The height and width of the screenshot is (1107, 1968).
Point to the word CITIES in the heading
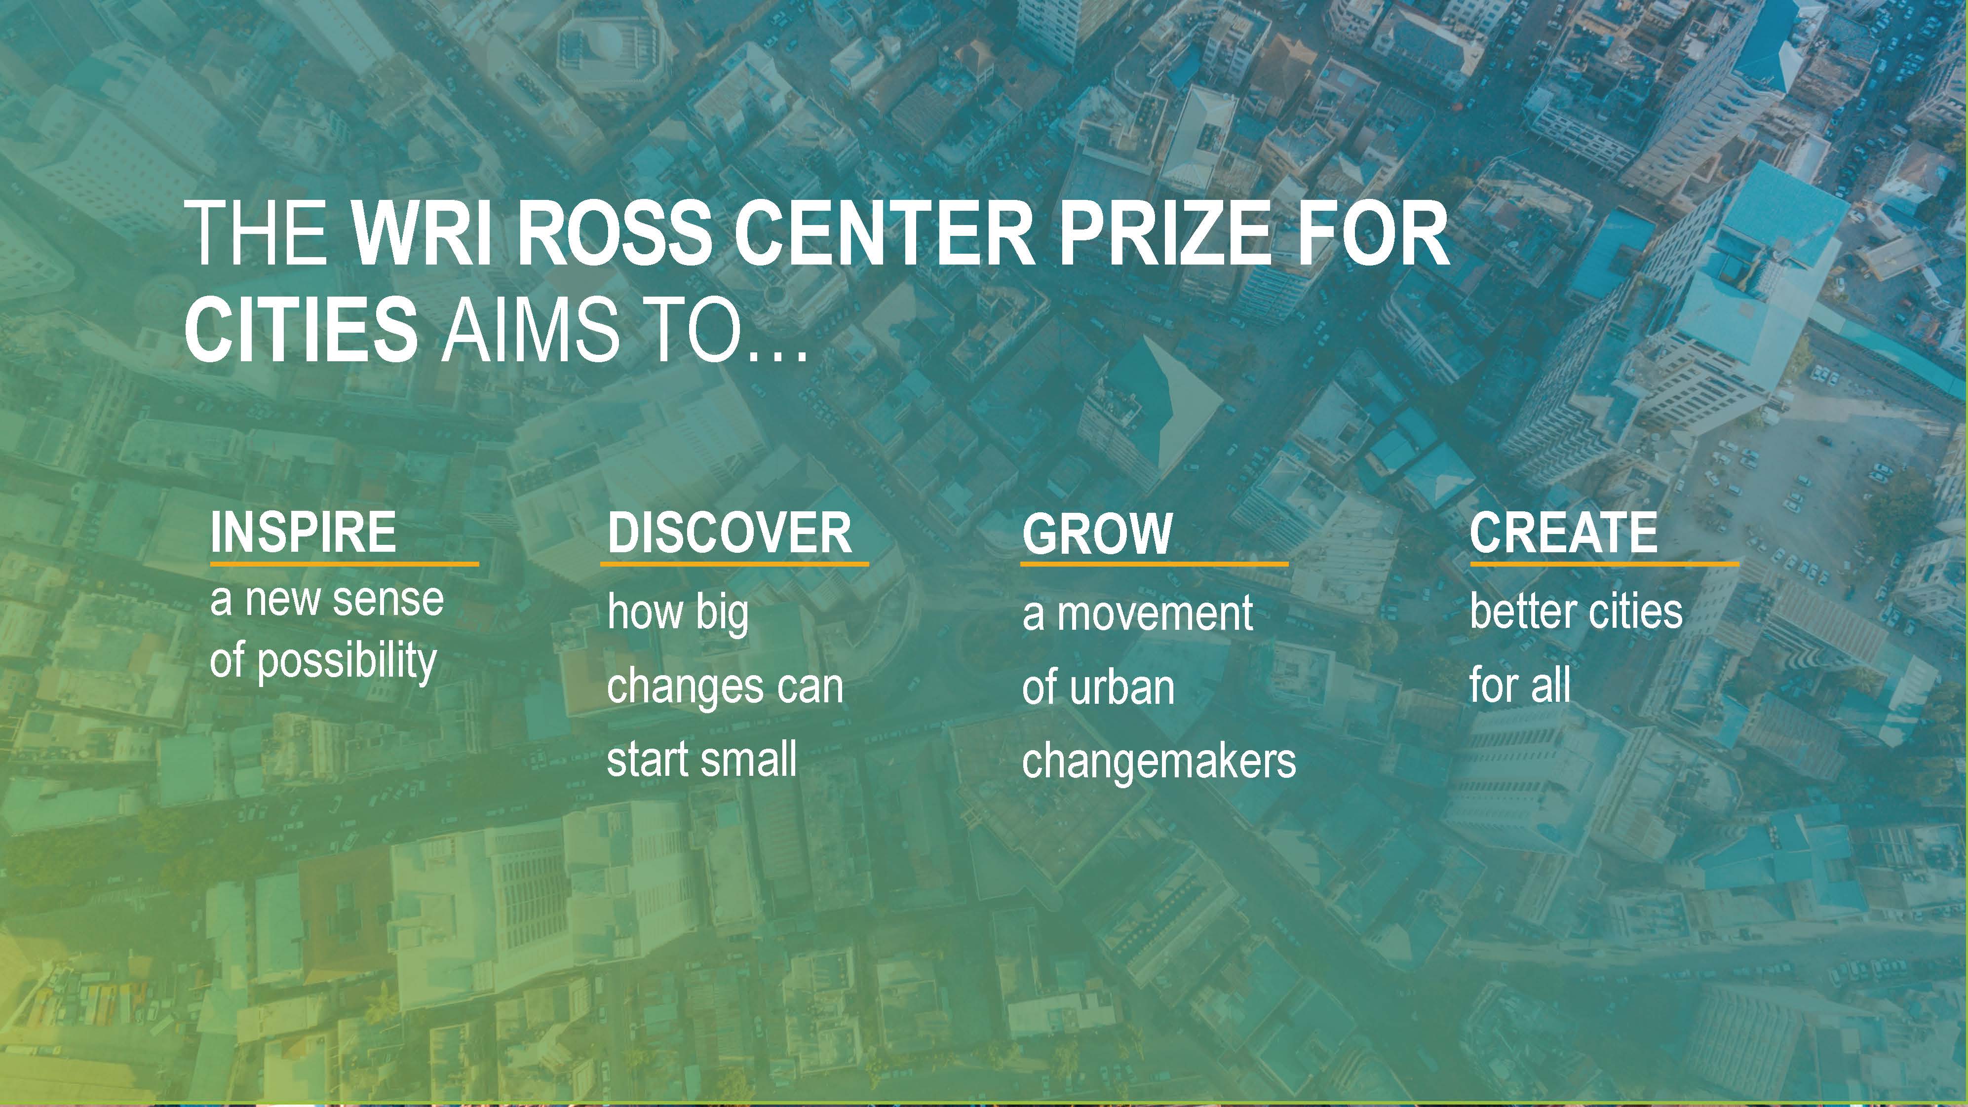click(301, 329)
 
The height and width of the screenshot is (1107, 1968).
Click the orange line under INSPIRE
click(345, 564)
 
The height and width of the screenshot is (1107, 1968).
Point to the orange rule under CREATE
click(1604, 564)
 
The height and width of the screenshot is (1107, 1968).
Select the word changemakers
click(1159, 761)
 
